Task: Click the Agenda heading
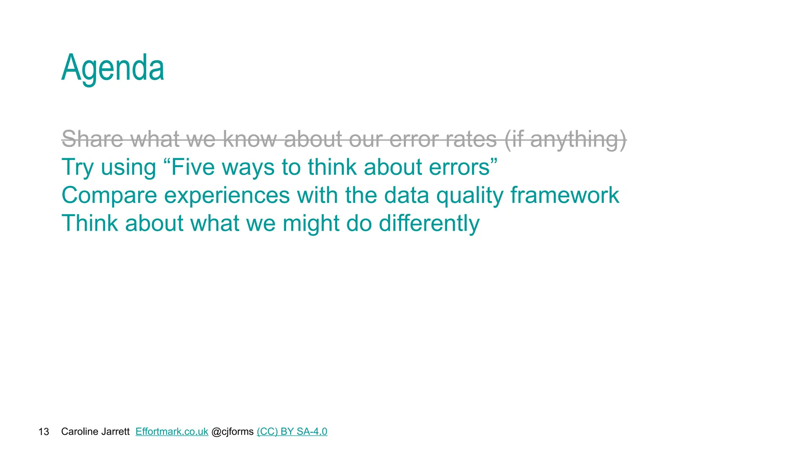tap(113, 68)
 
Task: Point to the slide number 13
tap(44, 432)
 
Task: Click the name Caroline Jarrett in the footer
tap(95, 432)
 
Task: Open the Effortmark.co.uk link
tap(172, 432)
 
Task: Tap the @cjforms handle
tap(233, 432)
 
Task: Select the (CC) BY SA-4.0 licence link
tap(292, 432)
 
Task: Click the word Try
tap(78, 168)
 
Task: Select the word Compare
tap(109, 196)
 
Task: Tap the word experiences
tap(227, 196)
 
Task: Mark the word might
tap(311, 224)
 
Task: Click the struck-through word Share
tap(93, 139)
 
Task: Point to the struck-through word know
tap(250, 139)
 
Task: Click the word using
tap(129, 168)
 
